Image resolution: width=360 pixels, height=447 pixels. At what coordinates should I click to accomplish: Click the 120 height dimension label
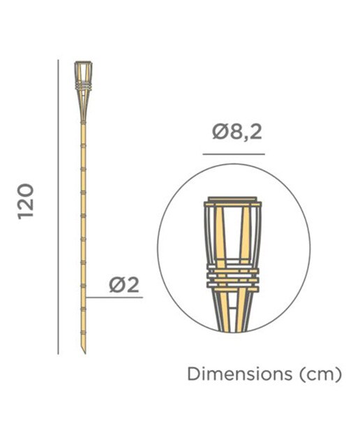coord(26,201)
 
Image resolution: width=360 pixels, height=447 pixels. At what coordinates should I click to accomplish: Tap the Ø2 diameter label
coord(124,285)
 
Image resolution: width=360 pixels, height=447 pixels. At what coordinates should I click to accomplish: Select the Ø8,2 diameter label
coord(237,132)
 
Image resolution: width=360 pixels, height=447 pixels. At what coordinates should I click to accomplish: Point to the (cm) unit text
coord(321,374)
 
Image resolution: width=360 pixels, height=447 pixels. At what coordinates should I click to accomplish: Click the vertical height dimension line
coord(58,207)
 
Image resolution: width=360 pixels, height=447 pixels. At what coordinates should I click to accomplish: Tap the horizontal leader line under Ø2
coord(114,298)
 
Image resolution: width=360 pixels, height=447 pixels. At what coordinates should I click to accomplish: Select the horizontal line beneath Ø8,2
coord(234,154)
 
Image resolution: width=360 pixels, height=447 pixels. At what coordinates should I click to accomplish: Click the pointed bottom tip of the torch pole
coord(85,353)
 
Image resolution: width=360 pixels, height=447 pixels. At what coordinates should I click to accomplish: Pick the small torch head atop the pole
coord(84,91)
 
